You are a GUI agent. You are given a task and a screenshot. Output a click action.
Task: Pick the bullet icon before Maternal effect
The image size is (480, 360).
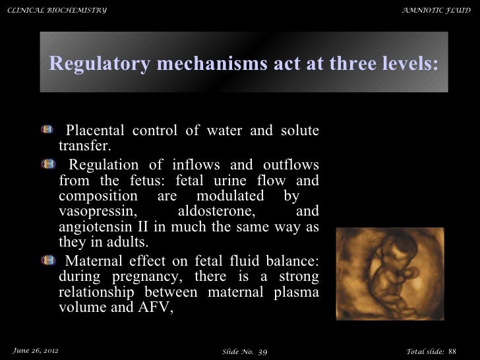pos(48,256)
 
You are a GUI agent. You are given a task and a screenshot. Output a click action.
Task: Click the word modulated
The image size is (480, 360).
pos(232,196)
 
